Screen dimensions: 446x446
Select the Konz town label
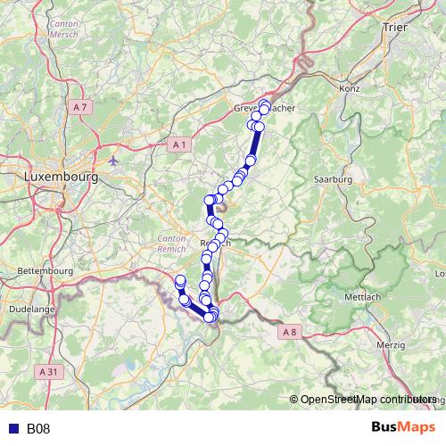tap(349, 89)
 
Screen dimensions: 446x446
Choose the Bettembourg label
tap(44, 268)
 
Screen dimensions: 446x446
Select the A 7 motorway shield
tap(81, 107)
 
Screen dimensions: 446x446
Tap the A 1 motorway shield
tap(180, 144)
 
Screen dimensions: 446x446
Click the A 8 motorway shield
tap(288, 332)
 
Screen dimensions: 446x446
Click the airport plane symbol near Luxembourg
tap(115, 161)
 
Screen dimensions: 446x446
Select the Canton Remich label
tap(171, 244)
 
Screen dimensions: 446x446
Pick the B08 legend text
tap(38, 429)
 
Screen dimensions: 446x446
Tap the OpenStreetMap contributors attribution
tap(368, 400)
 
